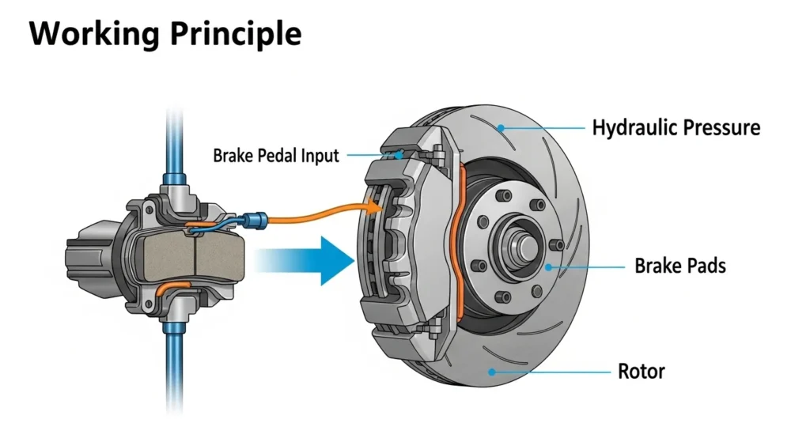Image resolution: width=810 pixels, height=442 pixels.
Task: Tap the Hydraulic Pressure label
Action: click(x=676, y=127)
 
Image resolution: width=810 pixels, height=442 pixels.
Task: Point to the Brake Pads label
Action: click(x=679, y=266)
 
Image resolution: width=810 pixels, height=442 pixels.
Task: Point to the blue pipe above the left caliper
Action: click(x=172, y=142)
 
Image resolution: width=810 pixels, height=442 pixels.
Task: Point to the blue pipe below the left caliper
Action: click(x=172, y=372)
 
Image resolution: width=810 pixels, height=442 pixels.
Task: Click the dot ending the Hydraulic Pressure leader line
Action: click(x=500, y=127)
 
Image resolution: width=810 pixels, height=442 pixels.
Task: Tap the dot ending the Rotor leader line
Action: click(x=492, y=370)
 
